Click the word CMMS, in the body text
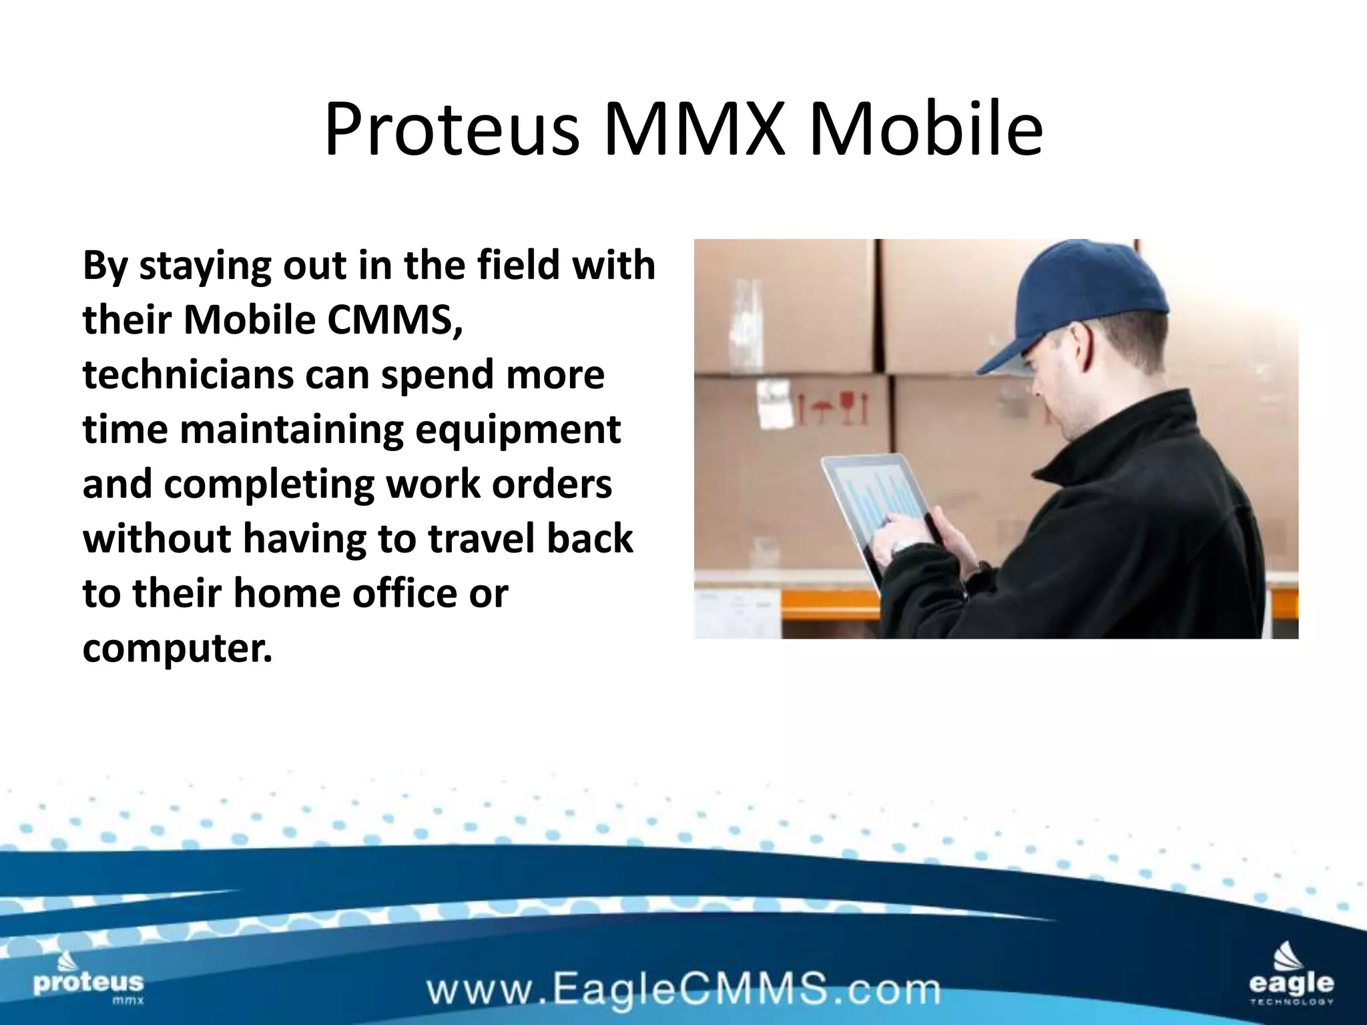[394, 320]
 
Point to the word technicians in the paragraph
[188, 374]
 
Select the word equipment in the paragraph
[518, 429]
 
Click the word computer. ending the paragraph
[178, 648]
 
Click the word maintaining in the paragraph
[292, 429]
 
